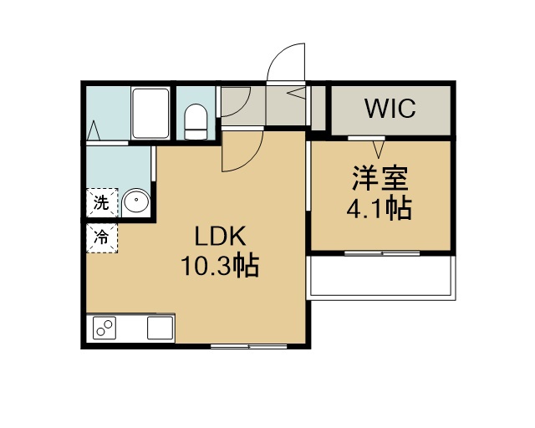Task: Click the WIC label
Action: point(390,108)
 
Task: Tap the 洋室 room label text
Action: point(380,178)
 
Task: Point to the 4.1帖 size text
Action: point(379,208)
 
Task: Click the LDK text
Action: point(220,237)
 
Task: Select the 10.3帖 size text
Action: point(220,265)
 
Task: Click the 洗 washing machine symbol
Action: point(102,203)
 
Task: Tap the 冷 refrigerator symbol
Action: point(102,238)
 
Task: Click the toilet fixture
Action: point(196,121)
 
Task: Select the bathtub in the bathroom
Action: point(150,114)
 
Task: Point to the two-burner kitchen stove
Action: point(104,328)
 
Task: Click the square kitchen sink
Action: point(160,328)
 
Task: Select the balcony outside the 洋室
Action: point(383,277)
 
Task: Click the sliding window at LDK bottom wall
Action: point(249,346)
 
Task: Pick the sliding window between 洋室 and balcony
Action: point(382,253)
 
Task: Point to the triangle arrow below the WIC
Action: point(378,150)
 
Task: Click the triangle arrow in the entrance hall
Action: point(296,92)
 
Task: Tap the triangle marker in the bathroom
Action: point(94,130)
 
